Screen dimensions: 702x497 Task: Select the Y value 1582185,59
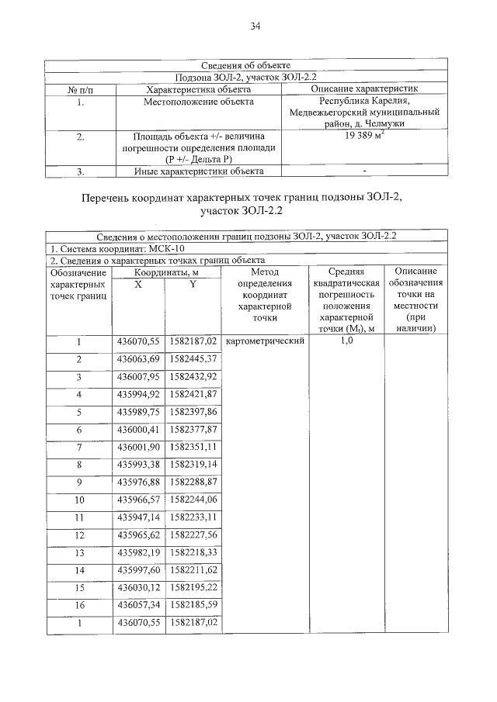pyautogui.click(x=193, y=603)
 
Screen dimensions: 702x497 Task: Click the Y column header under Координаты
pyautogui.click(x=193, y=285)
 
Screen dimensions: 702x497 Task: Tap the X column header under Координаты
pyautogui.click(x=138, y=285)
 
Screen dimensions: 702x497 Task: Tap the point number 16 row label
pyautogui.click(x=78, y=603)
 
